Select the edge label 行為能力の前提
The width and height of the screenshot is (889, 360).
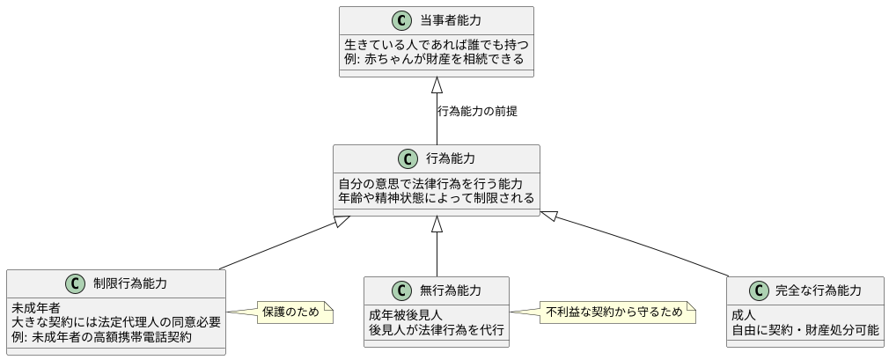(x=477, y=111)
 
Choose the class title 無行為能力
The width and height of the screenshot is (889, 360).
(x=450, y=290)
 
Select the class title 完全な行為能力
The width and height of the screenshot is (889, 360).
(x=818, y=290)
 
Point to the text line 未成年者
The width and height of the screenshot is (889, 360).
(x=36, y=308)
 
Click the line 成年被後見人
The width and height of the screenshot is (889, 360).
(x=406, y=315)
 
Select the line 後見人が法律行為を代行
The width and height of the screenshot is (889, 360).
(x=437, y=329)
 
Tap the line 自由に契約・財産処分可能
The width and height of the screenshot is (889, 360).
(x=805, y=329)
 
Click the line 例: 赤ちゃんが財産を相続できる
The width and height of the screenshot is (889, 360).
(x=434, y=59)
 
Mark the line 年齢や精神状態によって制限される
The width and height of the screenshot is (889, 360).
(x=436, y=198)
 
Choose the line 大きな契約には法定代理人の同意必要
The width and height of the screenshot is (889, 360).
(x=115, y=322)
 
